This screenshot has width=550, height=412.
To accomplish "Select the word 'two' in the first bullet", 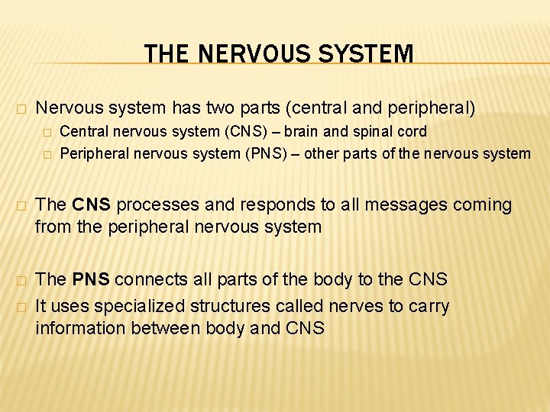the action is (x=238, y=108).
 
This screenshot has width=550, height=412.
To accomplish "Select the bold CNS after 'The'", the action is (x=92, y=205).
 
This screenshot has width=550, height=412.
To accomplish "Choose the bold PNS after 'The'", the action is (x=92, y=280).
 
